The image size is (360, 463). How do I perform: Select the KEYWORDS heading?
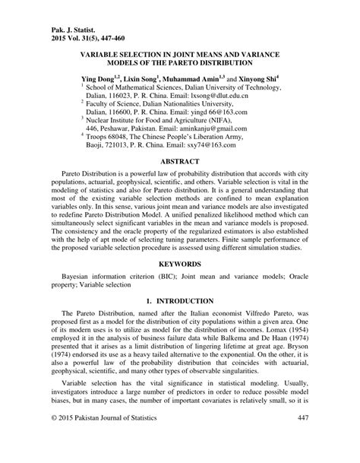(x=179, y=263)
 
